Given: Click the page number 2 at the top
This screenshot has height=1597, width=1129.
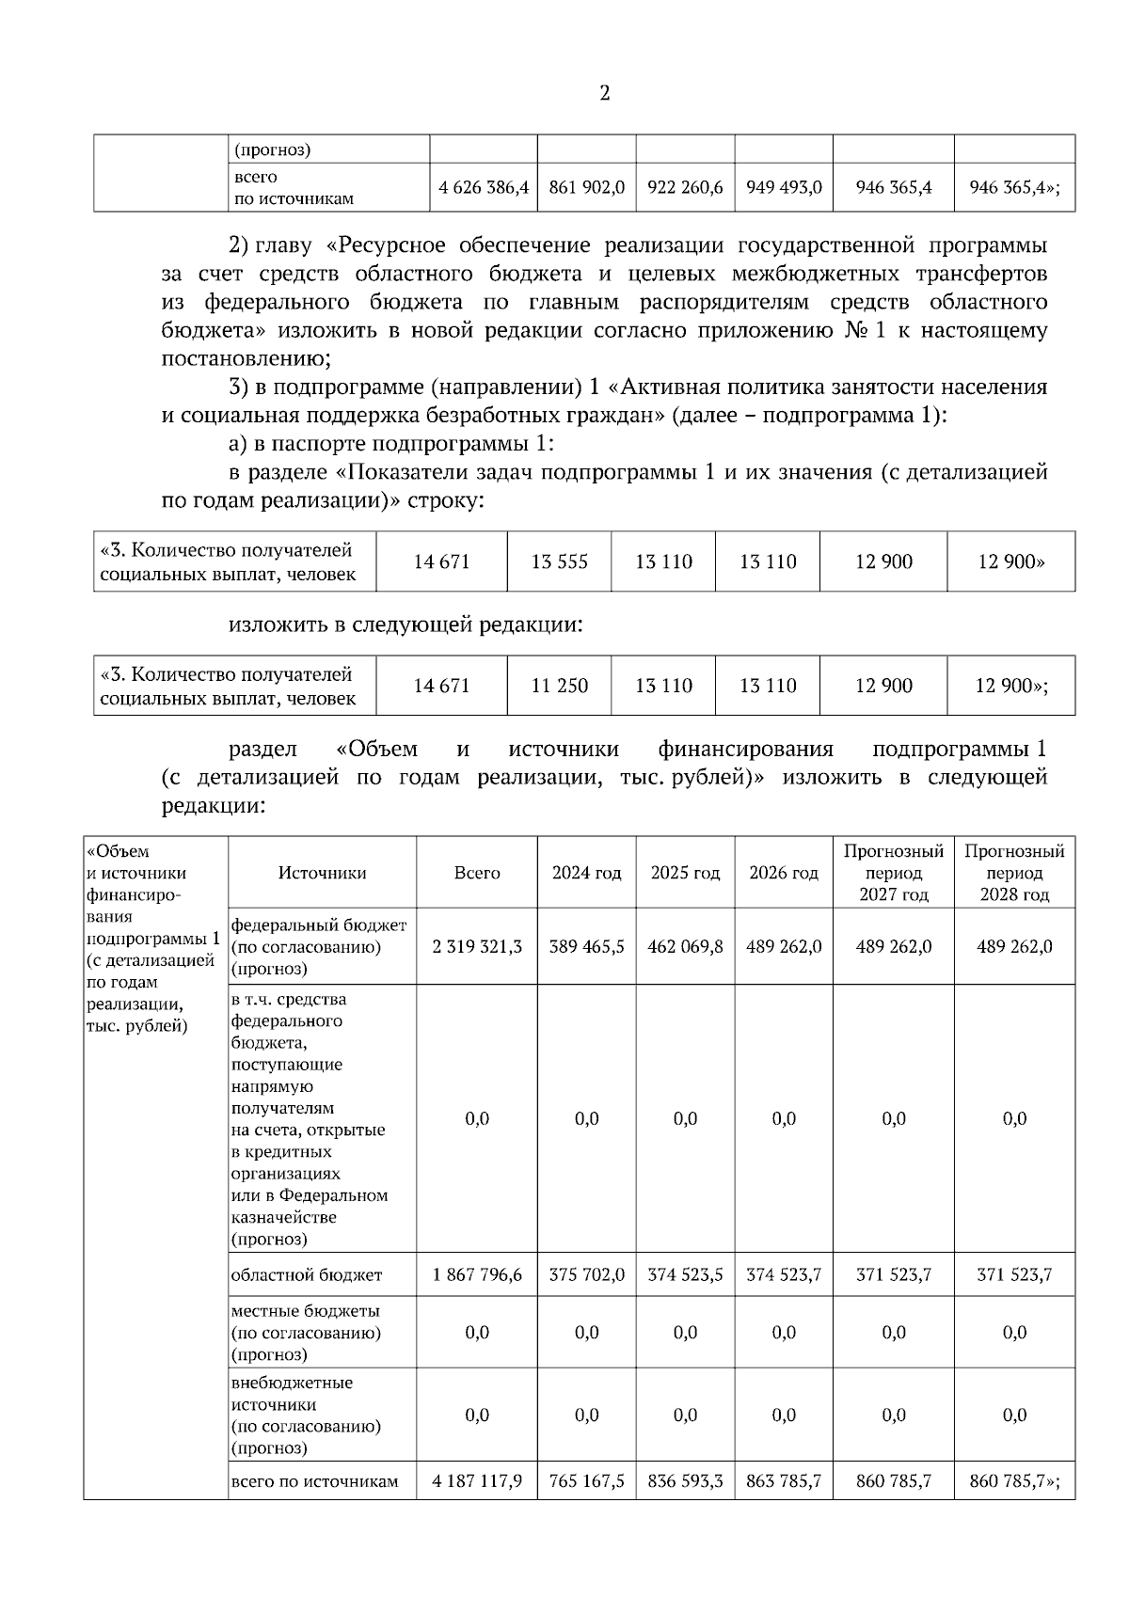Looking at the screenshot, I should (x=604, y=93).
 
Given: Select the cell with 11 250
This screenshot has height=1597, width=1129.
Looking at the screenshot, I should (x=559, y=686).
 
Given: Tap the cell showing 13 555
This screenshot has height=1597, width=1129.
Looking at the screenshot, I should (x=559, y=561).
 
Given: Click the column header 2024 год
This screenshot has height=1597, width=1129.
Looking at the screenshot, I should (x=586, y=873).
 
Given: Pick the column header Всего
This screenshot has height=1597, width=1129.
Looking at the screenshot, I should (x=477, y=873).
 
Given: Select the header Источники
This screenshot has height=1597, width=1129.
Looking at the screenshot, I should (x=322, y=873).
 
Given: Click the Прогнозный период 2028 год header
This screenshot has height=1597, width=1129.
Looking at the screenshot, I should (x=1014, y=873).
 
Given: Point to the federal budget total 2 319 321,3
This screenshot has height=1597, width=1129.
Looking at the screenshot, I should (x=477, y=946).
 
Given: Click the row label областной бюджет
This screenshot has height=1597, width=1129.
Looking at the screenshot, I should (x=307, y=1275).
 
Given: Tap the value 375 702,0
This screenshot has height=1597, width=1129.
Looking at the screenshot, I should (x=586, y=1275).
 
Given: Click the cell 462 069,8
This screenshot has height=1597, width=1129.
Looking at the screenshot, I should (x=685, y=946).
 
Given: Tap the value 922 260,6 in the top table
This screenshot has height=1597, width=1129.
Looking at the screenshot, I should (x=685, y=187).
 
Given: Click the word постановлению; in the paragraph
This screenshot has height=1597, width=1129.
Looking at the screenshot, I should (x=246, y=358).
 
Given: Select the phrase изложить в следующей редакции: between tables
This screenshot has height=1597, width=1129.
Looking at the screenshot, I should (x=405, y=624).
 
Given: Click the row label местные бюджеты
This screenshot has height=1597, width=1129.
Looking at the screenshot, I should (x=306, y=1310).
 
